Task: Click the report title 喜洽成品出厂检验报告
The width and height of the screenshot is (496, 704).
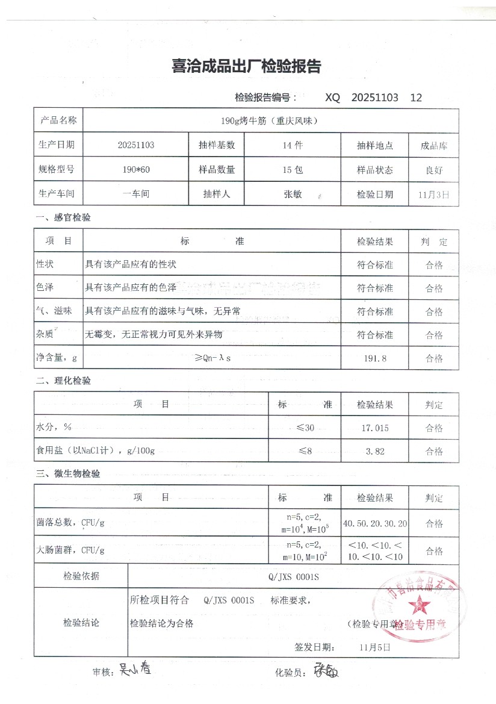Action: pyautogui.click(x=247, y=67)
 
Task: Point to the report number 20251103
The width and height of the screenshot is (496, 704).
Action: pyautogui.click(x=374, y=98)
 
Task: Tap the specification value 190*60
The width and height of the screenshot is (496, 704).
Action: pyautogui.click(x=136, y=170)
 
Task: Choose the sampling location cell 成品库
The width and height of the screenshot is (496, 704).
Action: pyautogui.click(x=434, y=146)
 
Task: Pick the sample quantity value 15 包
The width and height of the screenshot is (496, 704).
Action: pyautogui.click(x=293, y=170)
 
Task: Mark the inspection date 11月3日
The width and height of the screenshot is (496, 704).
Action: pyautogui.click(x=433, y=195)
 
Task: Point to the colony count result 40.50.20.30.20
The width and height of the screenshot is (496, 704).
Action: pyautogui.click(x=375, y=523)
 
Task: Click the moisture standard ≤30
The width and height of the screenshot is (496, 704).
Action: pyautogui.click(x=305, y=428)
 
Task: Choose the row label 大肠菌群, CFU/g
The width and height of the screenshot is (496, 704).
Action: pyautogui.click(x=70, y=550)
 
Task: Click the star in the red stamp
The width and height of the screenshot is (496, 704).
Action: pyautogui.click(x=415, y=603)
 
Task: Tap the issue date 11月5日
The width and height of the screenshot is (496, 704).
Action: pyautogui.click(x=374, y=647)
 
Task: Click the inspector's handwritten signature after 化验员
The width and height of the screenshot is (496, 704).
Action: pyautogui.click(x=324, y=670)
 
